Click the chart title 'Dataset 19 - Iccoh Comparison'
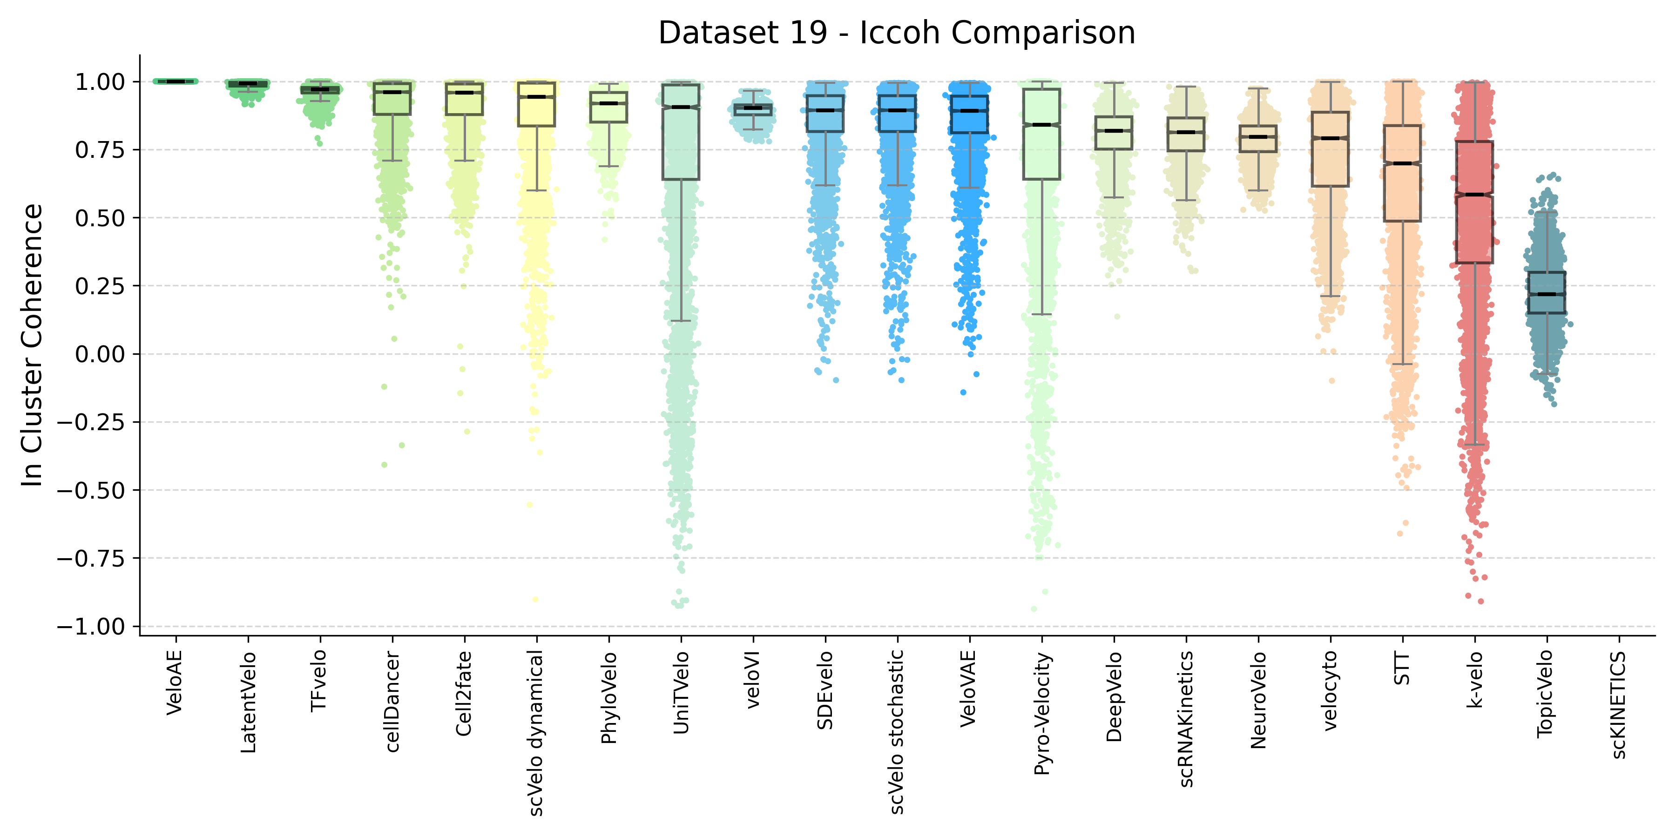(897, 33)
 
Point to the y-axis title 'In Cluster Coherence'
(33, 345)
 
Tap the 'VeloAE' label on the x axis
(175, 683)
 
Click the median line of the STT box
(1402, 163)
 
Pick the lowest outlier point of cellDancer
(385, 465)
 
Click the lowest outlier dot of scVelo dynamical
(535, 599)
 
